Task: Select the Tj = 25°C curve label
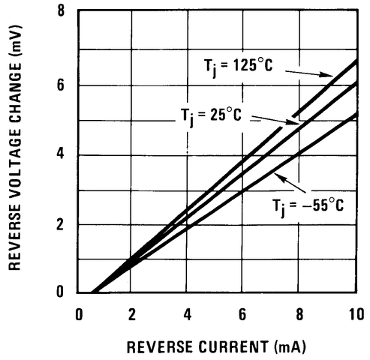click(209, 115)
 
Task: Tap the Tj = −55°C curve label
click(308, 204)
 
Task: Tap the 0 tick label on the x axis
click(79, 313)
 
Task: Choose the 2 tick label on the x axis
click(133, 313)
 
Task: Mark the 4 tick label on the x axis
click(188, 313)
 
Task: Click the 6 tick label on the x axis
click(243, 313)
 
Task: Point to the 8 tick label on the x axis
click(299, 313)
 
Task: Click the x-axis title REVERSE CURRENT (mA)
click(216, 347)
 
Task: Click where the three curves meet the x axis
click(93, 292)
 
